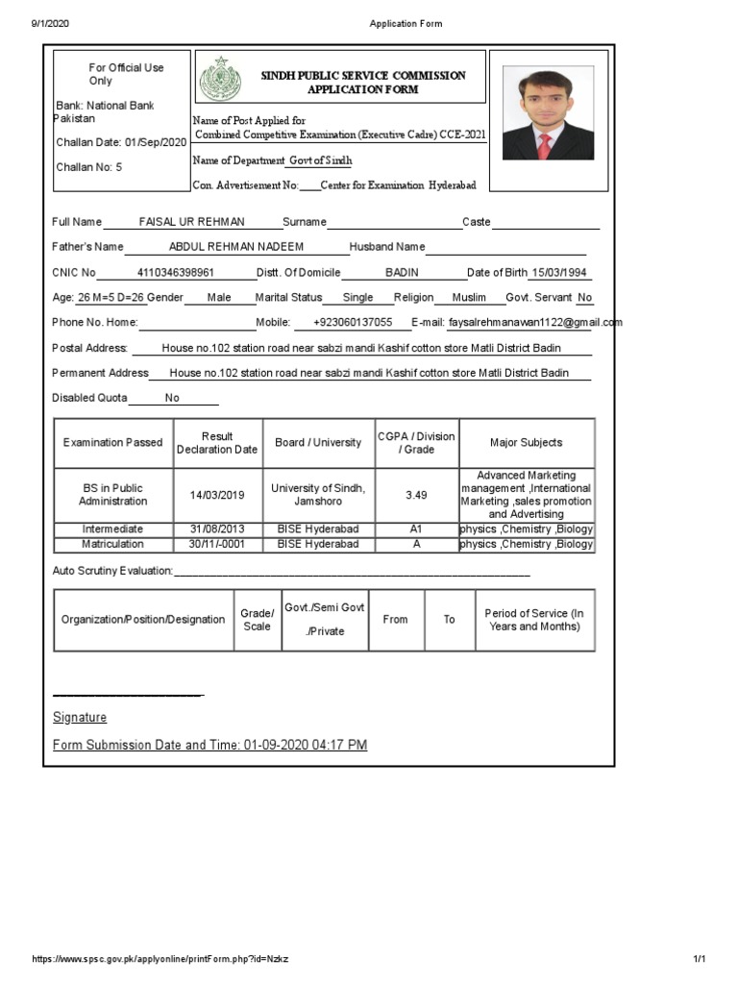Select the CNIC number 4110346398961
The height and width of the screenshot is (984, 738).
point(176,272)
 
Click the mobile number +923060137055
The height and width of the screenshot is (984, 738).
point(353,323)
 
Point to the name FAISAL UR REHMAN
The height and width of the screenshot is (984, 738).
point(192,222)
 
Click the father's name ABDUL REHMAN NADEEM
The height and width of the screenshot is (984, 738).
point(235,247)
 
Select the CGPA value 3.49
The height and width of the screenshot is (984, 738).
point(416,495)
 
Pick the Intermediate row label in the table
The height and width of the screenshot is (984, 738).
point(112,529)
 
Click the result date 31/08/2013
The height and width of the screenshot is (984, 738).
point(217,529)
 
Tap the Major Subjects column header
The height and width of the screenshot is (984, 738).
point(526,443)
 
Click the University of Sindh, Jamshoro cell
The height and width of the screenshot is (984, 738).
point(318,495)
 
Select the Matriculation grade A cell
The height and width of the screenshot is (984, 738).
point(416,544)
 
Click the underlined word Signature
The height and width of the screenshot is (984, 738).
point(80,718)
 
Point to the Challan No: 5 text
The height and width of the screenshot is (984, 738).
point(88,167)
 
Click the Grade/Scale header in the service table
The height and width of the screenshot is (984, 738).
point(257,620)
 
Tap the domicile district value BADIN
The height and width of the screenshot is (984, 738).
point(402,272)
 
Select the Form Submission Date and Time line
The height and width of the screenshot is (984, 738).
point(209,745)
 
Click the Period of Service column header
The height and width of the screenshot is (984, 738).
point(533,620)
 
